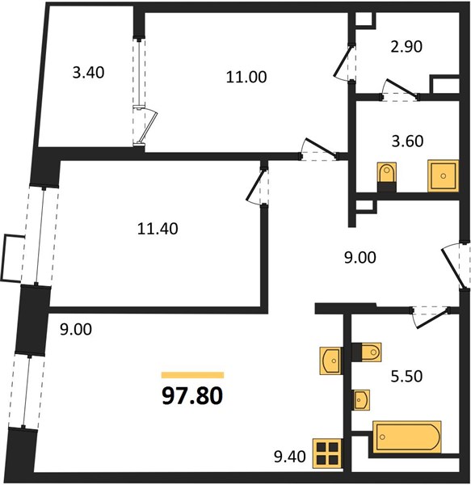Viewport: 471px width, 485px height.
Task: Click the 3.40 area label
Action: pos(88,73)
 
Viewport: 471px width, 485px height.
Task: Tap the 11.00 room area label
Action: pos(246,77)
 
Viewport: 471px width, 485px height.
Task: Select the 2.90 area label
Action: pos(406,47)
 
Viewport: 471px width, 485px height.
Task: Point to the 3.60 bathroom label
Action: pos(408,141)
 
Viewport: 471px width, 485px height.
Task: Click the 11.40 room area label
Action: pos(158,229)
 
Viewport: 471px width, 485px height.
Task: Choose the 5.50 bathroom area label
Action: pos(406,377)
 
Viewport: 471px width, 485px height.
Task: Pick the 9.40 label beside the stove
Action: pos(290,457)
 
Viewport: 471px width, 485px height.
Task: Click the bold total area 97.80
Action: pos(192,396)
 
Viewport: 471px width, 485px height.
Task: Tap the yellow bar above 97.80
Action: pos(192,375)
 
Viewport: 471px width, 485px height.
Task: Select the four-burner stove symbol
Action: pos(327,453)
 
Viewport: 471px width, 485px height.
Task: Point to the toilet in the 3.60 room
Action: pos(387,177)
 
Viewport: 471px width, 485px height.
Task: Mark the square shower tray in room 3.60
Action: pos(444,175)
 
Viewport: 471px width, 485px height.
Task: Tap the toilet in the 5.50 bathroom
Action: pos(367,352)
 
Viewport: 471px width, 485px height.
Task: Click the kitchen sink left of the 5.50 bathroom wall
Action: pos(331,361)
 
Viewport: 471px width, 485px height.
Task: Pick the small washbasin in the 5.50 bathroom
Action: pos(362,399)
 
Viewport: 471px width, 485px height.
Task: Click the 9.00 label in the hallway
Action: pos(360,258)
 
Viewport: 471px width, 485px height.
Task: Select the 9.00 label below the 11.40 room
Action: pos(76,329)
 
